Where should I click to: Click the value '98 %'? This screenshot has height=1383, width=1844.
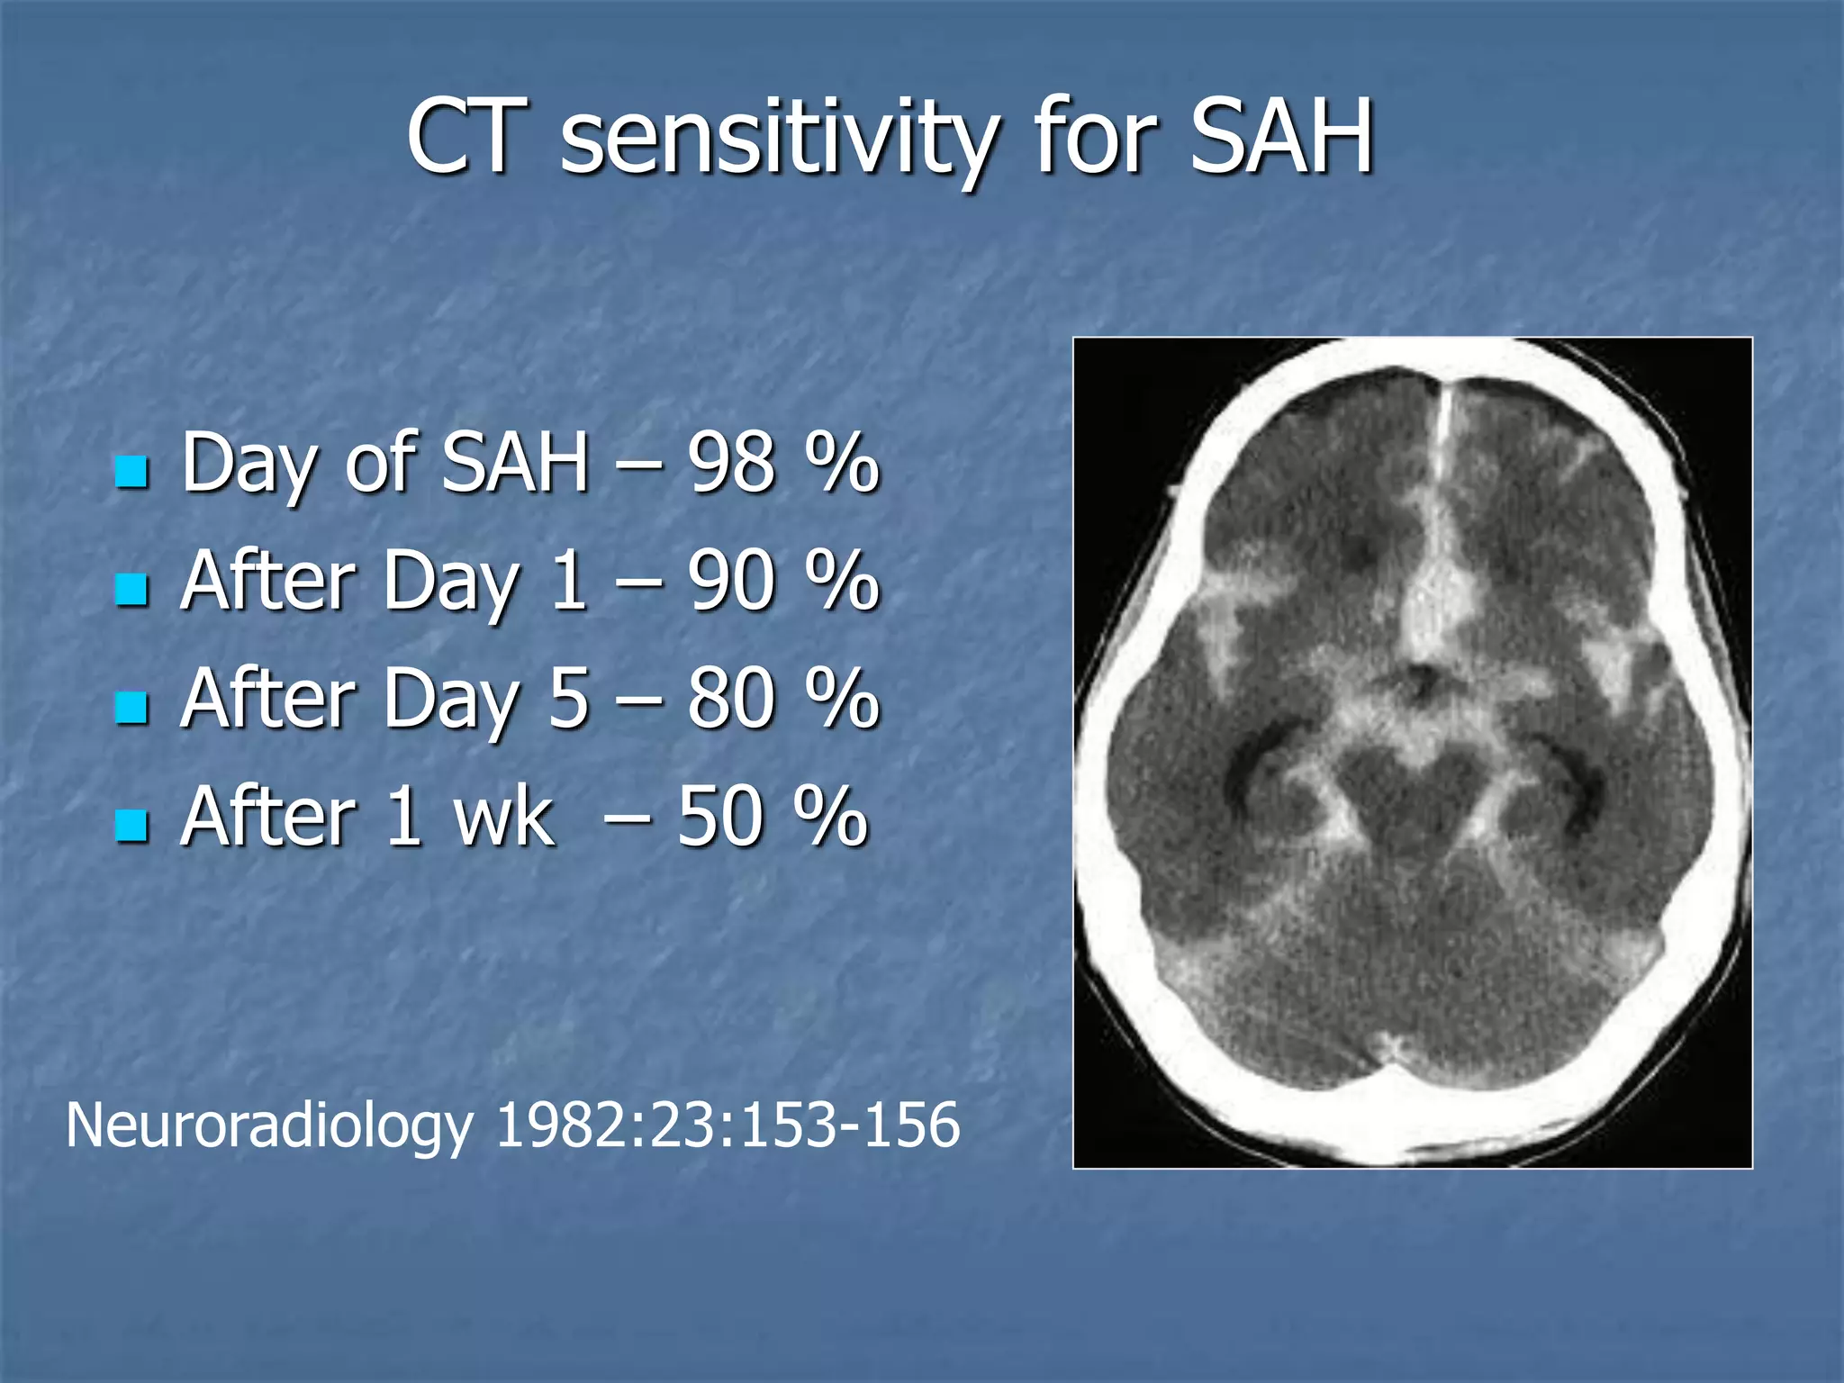point(782,463)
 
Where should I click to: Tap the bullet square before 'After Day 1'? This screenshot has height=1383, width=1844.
point(132,590)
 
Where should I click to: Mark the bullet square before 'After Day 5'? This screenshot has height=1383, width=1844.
point(132,707)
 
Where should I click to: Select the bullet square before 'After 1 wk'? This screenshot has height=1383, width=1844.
point(132,825)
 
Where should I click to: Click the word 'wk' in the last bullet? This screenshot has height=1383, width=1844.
point(503,817)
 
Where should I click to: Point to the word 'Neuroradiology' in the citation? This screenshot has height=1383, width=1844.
point(269,1125)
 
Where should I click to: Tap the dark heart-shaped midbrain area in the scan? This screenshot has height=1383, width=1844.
point(1415,792)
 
